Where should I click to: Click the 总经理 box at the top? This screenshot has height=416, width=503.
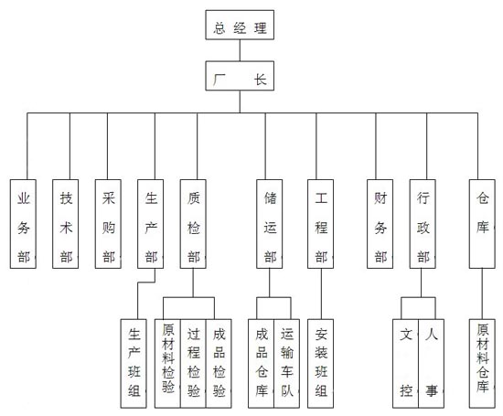(240, 25)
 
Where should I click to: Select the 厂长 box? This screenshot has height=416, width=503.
(240, 76)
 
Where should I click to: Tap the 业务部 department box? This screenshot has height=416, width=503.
(23, 224)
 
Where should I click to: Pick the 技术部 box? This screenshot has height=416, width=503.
(66, 224)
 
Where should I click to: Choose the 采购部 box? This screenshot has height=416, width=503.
(108, 224)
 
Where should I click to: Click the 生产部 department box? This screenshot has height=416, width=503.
(151, 224)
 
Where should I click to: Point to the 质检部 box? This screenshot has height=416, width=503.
(193, 224)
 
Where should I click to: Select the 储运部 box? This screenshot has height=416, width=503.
(270, 224)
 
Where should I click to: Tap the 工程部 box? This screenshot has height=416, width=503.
(320, 224)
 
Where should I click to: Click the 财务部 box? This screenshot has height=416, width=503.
(380, 224)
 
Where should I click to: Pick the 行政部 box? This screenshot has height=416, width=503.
(423, 224)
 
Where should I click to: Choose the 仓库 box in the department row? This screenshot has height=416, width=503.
(482, 224)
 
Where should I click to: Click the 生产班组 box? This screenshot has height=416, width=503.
(134, 363)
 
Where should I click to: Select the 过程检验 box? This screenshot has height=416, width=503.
(193, 363)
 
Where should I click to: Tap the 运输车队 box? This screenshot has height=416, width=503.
(287, 363)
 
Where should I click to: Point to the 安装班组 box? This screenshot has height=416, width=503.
(320, 363)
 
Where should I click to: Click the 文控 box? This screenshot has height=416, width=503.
(406, 363)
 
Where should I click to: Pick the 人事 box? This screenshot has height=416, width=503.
(432, 363)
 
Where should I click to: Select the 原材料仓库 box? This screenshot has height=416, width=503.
(482, 363)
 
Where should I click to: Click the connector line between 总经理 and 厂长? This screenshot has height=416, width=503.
(240, 50)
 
